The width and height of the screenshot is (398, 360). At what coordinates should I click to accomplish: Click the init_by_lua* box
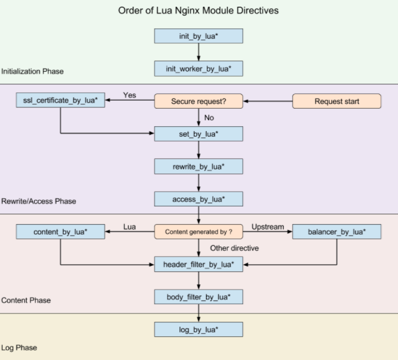point(199,36)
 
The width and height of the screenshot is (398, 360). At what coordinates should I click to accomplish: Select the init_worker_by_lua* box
point(199,69)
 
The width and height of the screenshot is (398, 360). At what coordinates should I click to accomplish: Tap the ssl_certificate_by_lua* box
point(60,101)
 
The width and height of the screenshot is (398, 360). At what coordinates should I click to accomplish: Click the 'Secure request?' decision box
point(199,101)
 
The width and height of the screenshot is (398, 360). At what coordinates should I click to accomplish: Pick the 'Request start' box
point(337,101)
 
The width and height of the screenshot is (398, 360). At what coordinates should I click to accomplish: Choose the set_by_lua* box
point(199,134)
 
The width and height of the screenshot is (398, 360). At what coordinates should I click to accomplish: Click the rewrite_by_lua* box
point(199,166)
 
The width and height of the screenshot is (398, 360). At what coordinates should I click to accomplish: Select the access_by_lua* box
point(199,199)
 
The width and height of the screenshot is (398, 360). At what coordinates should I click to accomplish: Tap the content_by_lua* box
point(60,231)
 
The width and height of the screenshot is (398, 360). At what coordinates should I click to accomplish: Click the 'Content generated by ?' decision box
point(199,231)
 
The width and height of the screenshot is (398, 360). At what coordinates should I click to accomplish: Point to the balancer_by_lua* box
point(337,231)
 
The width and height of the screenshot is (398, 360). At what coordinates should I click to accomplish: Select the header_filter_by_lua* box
point(199,264)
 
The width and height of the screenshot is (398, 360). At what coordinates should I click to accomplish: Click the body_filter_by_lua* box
point(199,297)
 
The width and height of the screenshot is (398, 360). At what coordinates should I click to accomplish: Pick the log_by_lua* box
point(199,330)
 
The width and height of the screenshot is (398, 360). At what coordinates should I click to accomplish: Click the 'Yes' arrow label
point(129,95)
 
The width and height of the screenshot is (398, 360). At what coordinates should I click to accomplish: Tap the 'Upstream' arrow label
point(267,226)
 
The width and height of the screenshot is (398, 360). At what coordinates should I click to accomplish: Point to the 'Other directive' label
point(235,248)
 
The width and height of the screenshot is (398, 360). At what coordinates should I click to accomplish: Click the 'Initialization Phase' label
point(32,72)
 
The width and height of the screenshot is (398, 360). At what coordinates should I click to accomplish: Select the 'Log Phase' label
point(19,348)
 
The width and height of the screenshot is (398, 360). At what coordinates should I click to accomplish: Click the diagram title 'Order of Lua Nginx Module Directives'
point(199,11)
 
